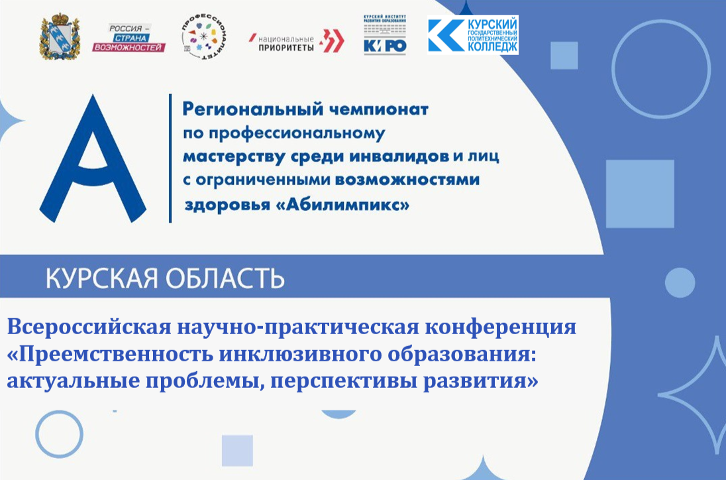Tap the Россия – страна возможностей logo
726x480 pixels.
pos(137,38)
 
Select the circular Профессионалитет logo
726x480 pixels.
pos(203,38)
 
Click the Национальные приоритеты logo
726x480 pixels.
pos(296,41)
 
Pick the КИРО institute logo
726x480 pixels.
pos(385,35)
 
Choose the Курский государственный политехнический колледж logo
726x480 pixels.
pos(473,35)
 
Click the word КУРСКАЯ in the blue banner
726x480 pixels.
pos(100,278)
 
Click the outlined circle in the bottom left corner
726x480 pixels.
pos(59,434)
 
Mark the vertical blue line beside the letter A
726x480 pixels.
pos(170,158)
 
